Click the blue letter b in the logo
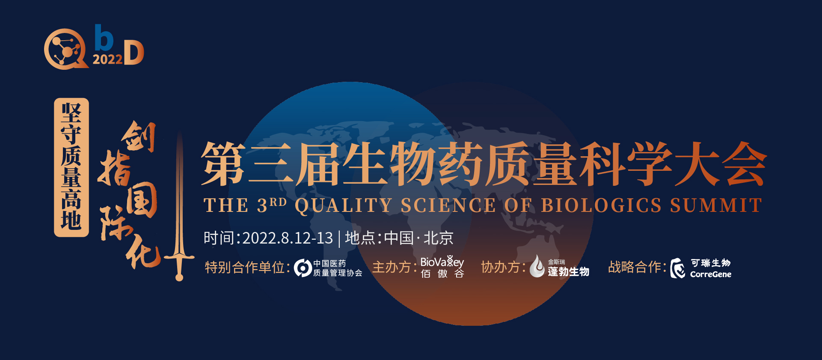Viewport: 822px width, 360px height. (104, 38)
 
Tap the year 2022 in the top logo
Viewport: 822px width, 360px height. (107, 60)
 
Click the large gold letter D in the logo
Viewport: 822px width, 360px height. (134, 53)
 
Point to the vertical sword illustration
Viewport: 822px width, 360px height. (180, 205)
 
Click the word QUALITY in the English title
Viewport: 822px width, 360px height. (343, 205)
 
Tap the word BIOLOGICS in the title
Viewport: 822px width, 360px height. (601, 205)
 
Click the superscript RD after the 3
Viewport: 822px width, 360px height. (278, 202)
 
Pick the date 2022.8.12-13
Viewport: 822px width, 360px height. (288, 238)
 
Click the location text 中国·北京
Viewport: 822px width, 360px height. (418, 238)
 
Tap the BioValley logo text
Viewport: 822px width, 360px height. (442, 262)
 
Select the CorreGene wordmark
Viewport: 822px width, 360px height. (711, 274)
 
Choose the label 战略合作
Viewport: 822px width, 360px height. (635, 267)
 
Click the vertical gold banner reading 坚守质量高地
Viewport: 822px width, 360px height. (71, 167)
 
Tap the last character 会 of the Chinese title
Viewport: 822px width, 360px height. (744, 164)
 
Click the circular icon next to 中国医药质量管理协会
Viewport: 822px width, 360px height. (303, 268)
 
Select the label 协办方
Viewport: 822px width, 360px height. (501, 267)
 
